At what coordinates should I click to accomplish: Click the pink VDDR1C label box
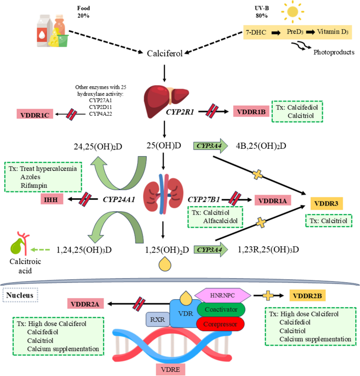coord(37,115)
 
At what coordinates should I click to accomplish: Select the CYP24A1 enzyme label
coord(120,200)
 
